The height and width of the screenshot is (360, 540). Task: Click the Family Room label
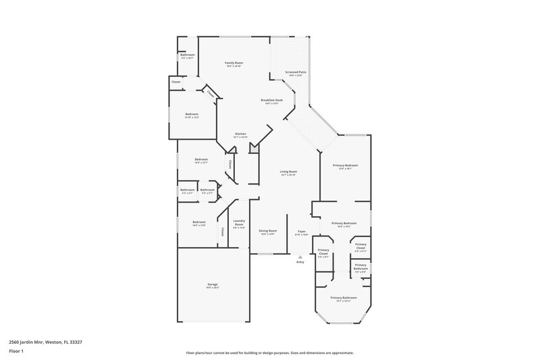[234, 63]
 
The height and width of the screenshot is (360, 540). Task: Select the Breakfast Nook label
[272, 100]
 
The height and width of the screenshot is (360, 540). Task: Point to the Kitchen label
[240, 134]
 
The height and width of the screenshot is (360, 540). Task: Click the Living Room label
[289, 172]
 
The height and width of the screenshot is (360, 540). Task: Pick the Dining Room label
[267, 230]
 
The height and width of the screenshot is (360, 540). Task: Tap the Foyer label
[302, 230]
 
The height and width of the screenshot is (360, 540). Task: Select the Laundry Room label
[238, 222]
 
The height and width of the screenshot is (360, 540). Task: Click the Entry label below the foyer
[300, 262]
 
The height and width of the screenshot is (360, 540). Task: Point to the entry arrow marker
[300, 256]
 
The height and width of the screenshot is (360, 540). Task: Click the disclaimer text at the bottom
[269, 352]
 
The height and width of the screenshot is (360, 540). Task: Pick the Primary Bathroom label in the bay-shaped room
[344, 297]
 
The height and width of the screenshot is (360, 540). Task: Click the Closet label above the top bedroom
[175, 82]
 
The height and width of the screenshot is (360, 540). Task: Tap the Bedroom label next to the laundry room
[198, 222]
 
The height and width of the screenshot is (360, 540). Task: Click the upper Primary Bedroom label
[345, 165]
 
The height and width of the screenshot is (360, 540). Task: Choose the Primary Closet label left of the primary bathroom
[323, 253]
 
